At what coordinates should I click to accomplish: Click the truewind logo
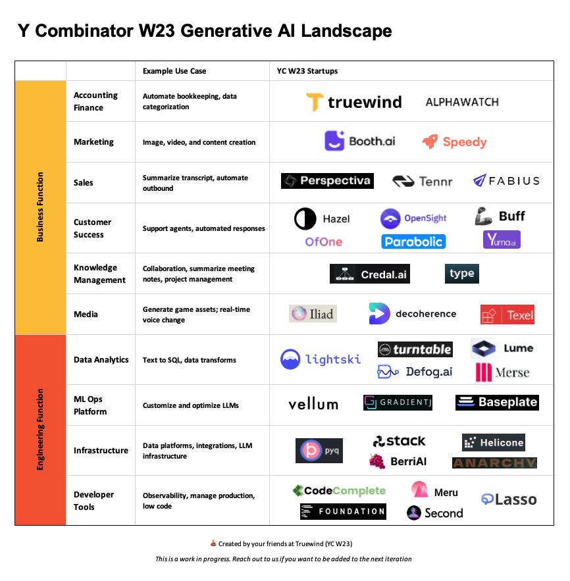[353, 102]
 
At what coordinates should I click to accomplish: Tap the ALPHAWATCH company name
[462, 102]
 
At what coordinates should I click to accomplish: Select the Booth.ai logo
[359, 141]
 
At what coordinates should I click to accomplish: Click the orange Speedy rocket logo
[454, 141]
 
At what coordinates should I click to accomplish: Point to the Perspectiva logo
[327, 181]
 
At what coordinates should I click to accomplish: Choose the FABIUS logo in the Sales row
[506, 180]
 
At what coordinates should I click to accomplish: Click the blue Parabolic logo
[413, 241]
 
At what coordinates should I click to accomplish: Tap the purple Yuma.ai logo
[502, 240]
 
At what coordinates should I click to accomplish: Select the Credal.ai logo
[370, 274]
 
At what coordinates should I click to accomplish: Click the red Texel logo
[507, 315]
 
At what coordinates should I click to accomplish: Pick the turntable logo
[415, 349]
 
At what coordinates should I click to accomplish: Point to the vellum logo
[313, 403]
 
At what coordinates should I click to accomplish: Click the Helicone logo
[494, 442]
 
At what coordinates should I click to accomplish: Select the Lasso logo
[508, 499]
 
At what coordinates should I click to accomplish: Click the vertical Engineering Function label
[40, 430]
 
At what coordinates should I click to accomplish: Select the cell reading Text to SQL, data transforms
[190, 360]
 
